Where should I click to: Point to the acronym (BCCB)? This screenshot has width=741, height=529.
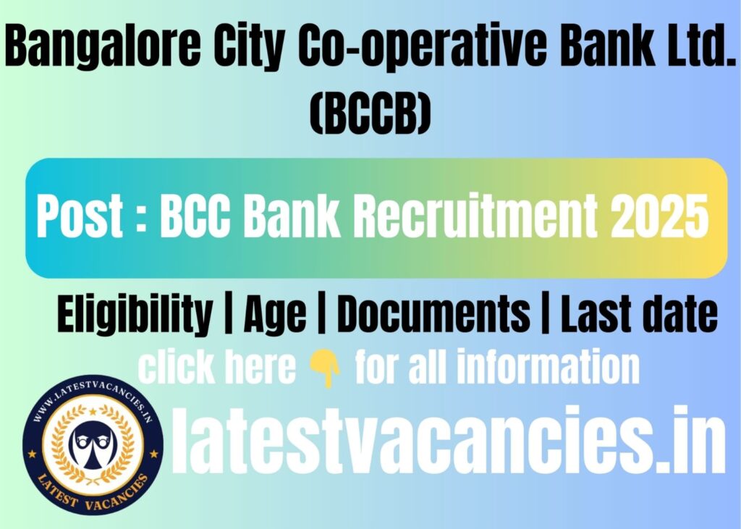370,112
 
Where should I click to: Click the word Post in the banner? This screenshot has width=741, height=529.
80,216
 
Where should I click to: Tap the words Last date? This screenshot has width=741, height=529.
639,313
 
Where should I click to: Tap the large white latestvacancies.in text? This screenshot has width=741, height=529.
448,440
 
